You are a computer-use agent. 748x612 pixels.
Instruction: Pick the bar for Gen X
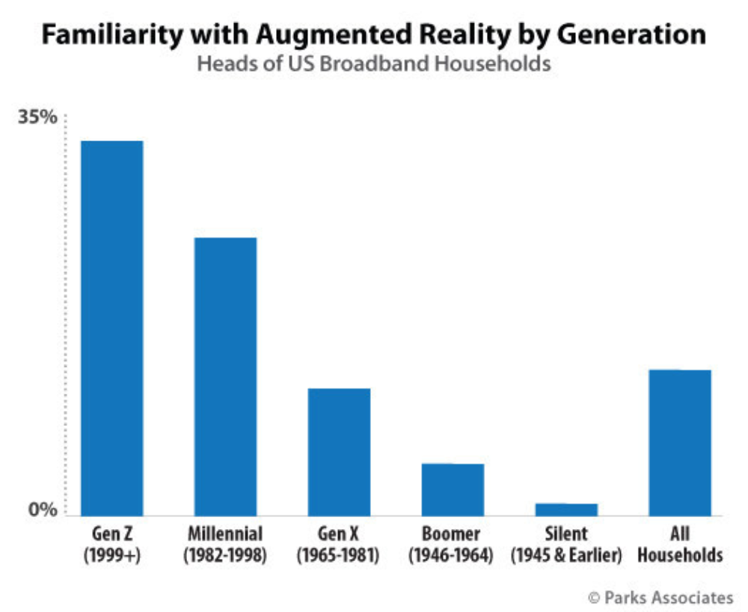pyautogui.click(x=339, y=451)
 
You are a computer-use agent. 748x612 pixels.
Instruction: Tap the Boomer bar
pyautogui.click(x=453, y=489)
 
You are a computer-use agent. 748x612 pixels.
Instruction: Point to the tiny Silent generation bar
pyautogui.click(x=566, y=510)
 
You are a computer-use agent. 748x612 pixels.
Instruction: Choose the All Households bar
pyautogui.click(x=679, y=442)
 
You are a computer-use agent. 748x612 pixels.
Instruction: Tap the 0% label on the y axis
pyautogui.click(x=43, y=510)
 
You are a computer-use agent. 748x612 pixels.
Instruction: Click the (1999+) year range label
pyautogui.click(x=112, y=556)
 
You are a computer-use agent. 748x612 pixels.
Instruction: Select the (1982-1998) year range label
pyautogui.click(x=225, y=556)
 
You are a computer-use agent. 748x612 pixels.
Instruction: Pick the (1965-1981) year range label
pyautogui.click(x=339, y=556)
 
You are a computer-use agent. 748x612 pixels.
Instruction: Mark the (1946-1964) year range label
pyautogui.click(x=453, y=556)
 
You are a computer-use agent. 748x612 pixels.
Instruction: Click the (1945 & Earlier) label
pyautogui.click(x=566, y=556)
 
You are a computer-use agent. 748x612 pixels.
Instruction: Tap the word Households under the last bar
pyautogui.click(x=679, y=556)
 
